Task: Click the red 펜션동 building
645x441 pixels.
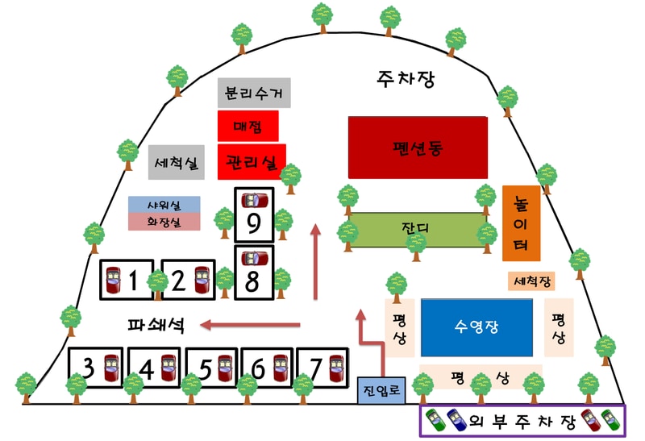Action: coord(418,148)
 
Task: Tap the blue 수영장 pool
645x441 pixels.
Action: coord(477,327)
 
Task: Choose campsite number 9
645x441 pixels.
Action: coord(253,215)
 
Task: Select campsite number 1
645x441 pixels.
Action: coord(128,280)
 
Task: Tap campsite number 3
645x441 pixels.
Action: coord(98,368)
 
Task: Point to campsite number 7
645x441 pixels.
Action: coord(322,368)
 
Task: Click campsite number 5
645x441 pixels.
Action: coord(213,368)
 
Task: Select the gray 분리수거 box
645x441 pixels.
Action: coord(254,94)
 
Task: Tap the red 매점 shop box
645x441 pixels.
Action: coord(248,127)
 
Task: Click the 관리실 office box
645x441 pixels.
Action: coord(252,160)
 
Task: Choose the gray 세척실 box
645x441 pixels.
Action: coord(179,164)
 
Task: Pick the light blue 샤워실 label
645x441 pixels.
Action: coord(164,205)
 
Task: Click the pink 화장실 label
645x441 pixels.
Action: coord(164,221)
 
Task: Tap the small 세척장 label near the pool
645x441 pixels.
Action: coord(531,281)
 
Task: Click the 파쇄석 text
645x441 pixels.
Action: coord(156,326)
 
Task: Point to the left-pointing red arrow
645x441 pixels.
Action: coord(250,325)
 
